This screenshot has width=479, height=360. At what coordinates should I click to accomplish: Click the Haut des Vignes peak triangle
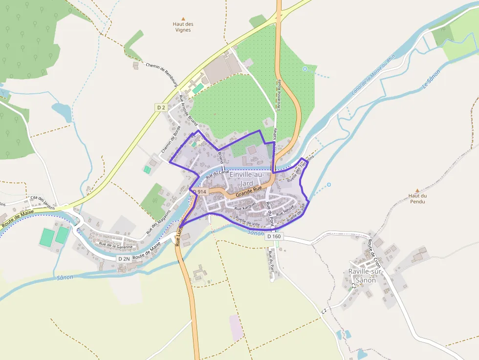click(x=183, y=18)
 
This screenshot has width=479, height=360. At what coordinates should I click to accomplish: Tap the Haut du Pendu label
click(x=417, y=198)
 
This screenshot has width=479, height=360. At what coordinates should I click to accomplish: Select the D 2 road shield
click(x=161, y=107)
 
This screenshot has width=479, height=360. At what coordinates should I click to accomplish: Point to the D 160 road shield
click(x=274, y=236)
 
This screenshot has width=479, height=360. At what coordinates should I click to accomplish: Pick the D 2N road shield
click(x=124, y=258)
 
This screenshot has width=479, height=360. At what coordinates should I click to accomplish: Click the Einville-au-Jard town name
click(x=247, y=178)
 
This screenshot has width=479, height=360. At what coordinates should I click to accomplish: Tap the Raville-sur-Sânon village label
click(x=366, y=275)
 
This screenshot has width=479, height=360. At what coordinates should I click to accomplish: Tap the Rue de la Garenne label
click(x=115, y=245)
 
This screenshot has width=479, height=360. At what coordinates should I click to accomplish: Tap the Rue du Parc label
click(x=270, y=257)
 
